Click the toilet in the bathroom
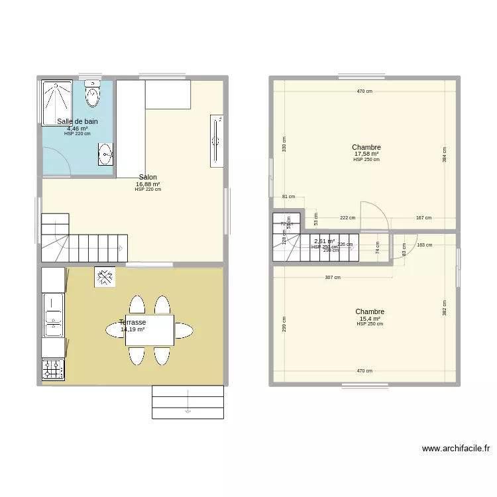(92, 94)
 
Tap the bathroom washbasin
(105, 156)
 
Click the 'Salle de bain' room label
(78, 121)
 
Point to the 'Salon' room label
(148, 177)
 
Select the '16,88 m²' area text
(148, 184)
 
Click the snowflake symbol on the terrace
(105, 277)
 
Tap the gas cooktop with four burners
(53, 369)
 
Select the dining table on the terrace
(150, 329)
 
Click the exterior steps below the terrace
(188, 402)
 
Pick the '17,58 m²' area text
(366, 154)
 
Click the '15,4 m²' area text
(370, 318)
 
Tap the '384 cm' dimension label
(445, 154)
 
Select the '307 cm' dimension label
(333, 278)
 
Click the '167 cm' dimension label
(424, 217)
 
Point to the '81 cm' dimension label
(288, 197)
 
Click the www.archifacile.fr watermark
(456, 449)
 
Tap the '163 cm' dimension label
(424, 245)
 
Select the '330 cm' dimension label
(285, 144)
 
